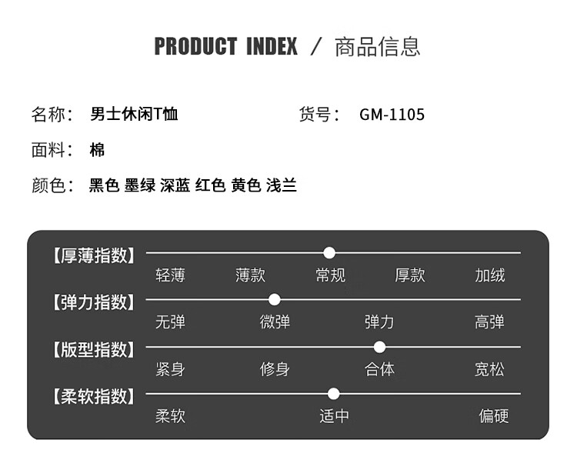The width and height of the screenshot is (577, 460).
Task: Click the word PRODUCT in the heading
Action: tap(195, 46)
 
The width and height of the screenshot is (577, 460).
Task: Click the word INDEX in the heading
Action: tap(272, 46)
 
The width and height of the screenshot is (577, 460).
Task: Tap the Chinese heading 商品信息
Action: tap(377, 47)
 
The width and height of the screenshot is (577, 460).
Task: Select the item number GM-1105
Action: tap(392, 115)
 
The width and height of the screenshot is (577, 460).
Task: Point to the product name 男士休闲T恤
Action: tap(134, 114)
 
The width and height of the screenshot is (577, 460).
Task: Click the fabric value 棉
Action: tap(97, 150)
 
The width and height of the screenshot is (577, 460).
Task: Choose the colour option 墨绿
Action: tap(140, 185)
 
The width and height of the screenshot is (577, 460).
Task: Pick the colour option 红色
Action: tap(211, 185)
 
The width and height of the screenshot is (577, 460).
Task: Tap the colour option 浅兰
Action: tap(282, 185)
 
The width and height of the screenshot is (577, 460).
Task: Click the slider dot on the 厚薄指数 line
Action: tap(329, 253)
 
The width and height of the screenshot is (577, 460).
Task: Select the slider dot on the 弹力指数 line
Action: tap(274, 299)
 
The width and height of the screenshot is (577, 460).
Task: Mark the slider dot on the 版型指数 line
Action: tap(379, 347)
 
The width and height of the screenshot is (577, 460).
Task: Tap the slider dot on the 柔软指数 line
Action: tap(333, 394)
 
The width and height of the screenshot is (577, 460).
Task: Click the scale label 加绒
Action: tap(490, 275)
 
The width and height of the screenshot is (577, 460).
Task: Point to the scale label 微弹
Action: tap(275, 322)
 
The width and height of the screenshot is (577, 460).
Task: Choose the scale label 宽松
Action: tap(489, 369)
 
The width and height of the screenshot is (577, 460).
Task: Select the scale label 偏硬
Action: tap(494, 416)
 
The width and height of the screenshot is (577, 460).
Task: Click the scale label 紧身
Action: tap(170, 369)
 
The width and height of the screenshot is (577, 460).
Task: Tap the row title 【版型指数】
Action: tap(94, 349)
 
